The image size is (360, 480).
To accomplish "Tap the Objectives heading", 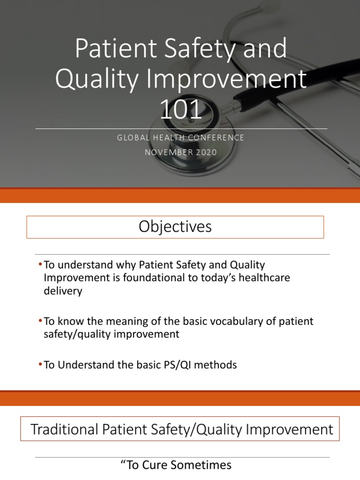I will (x=175, y=227).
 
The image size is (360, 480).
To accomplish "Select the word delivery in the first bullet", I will (x=63, y=291).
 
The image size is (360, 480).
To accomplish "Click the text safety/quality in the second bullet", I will (x=74, y=334).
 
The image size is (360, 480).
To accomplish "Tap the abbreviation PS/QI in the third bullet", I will (x=178, y=365).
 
